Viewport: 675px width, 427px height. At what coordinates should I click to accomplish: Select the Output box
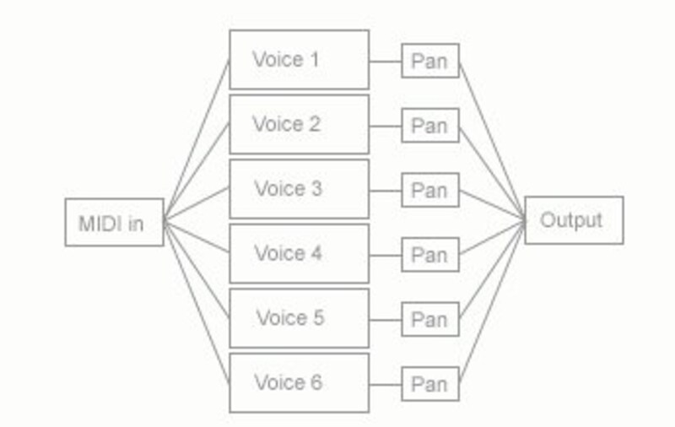click(x=574, y=220)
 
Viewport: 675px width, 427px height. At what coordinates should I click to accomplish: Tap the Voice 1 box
click(x=299, y=60)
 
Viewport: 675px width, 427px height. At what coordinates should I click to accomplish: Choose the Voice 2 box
click(x=299, y=124)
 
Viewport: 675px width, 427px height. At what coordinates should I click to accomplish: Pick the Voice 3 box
click(x=299, y=189)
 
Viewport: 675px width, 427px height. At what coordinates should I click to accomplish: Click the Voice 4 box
click(x=299, y=253)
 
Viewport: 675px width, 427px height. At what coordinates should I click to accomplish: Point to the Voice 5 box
click(x=299, y=318)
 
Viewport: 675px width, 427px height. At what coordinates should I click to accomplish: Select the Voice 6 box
click(x=299, y=383)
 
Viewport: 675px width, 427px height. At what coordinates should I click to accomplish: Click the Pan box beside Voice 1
click(x=429, y=61)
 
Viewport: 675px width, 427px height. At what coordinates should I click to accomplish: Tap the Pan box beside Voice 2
click(x=429, y=126)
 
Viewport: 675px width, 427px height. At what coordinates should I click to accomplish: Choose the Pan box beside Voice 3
click(x=429, y=190)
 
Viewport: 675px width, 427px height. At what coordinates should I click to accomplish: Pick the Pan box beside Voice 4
click(x=429, y=255)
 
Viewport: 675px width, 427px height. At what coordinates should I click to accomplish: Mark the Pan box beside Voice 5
click(x=429, y=319)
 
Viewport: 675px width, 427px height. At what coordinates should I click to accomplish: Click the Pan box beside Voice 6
click(x=429, y=384)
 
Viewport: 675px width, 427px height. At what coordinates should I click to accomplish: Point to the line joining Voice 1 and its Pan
click(x=385, y=61)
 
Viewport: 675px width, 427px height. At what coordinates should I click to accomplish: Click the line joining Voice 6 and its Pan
click(x=385, y=384)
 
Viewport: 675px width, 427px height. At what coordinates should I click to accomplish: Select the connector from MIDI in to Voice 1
click(x=197, y=141)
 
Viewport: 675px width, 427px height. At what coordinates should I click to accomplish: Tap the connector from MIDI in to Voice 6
click(x=197, y=304)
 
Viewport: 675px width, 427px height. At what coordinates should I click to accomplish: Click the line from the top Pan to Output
click(x=492, y=140)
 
